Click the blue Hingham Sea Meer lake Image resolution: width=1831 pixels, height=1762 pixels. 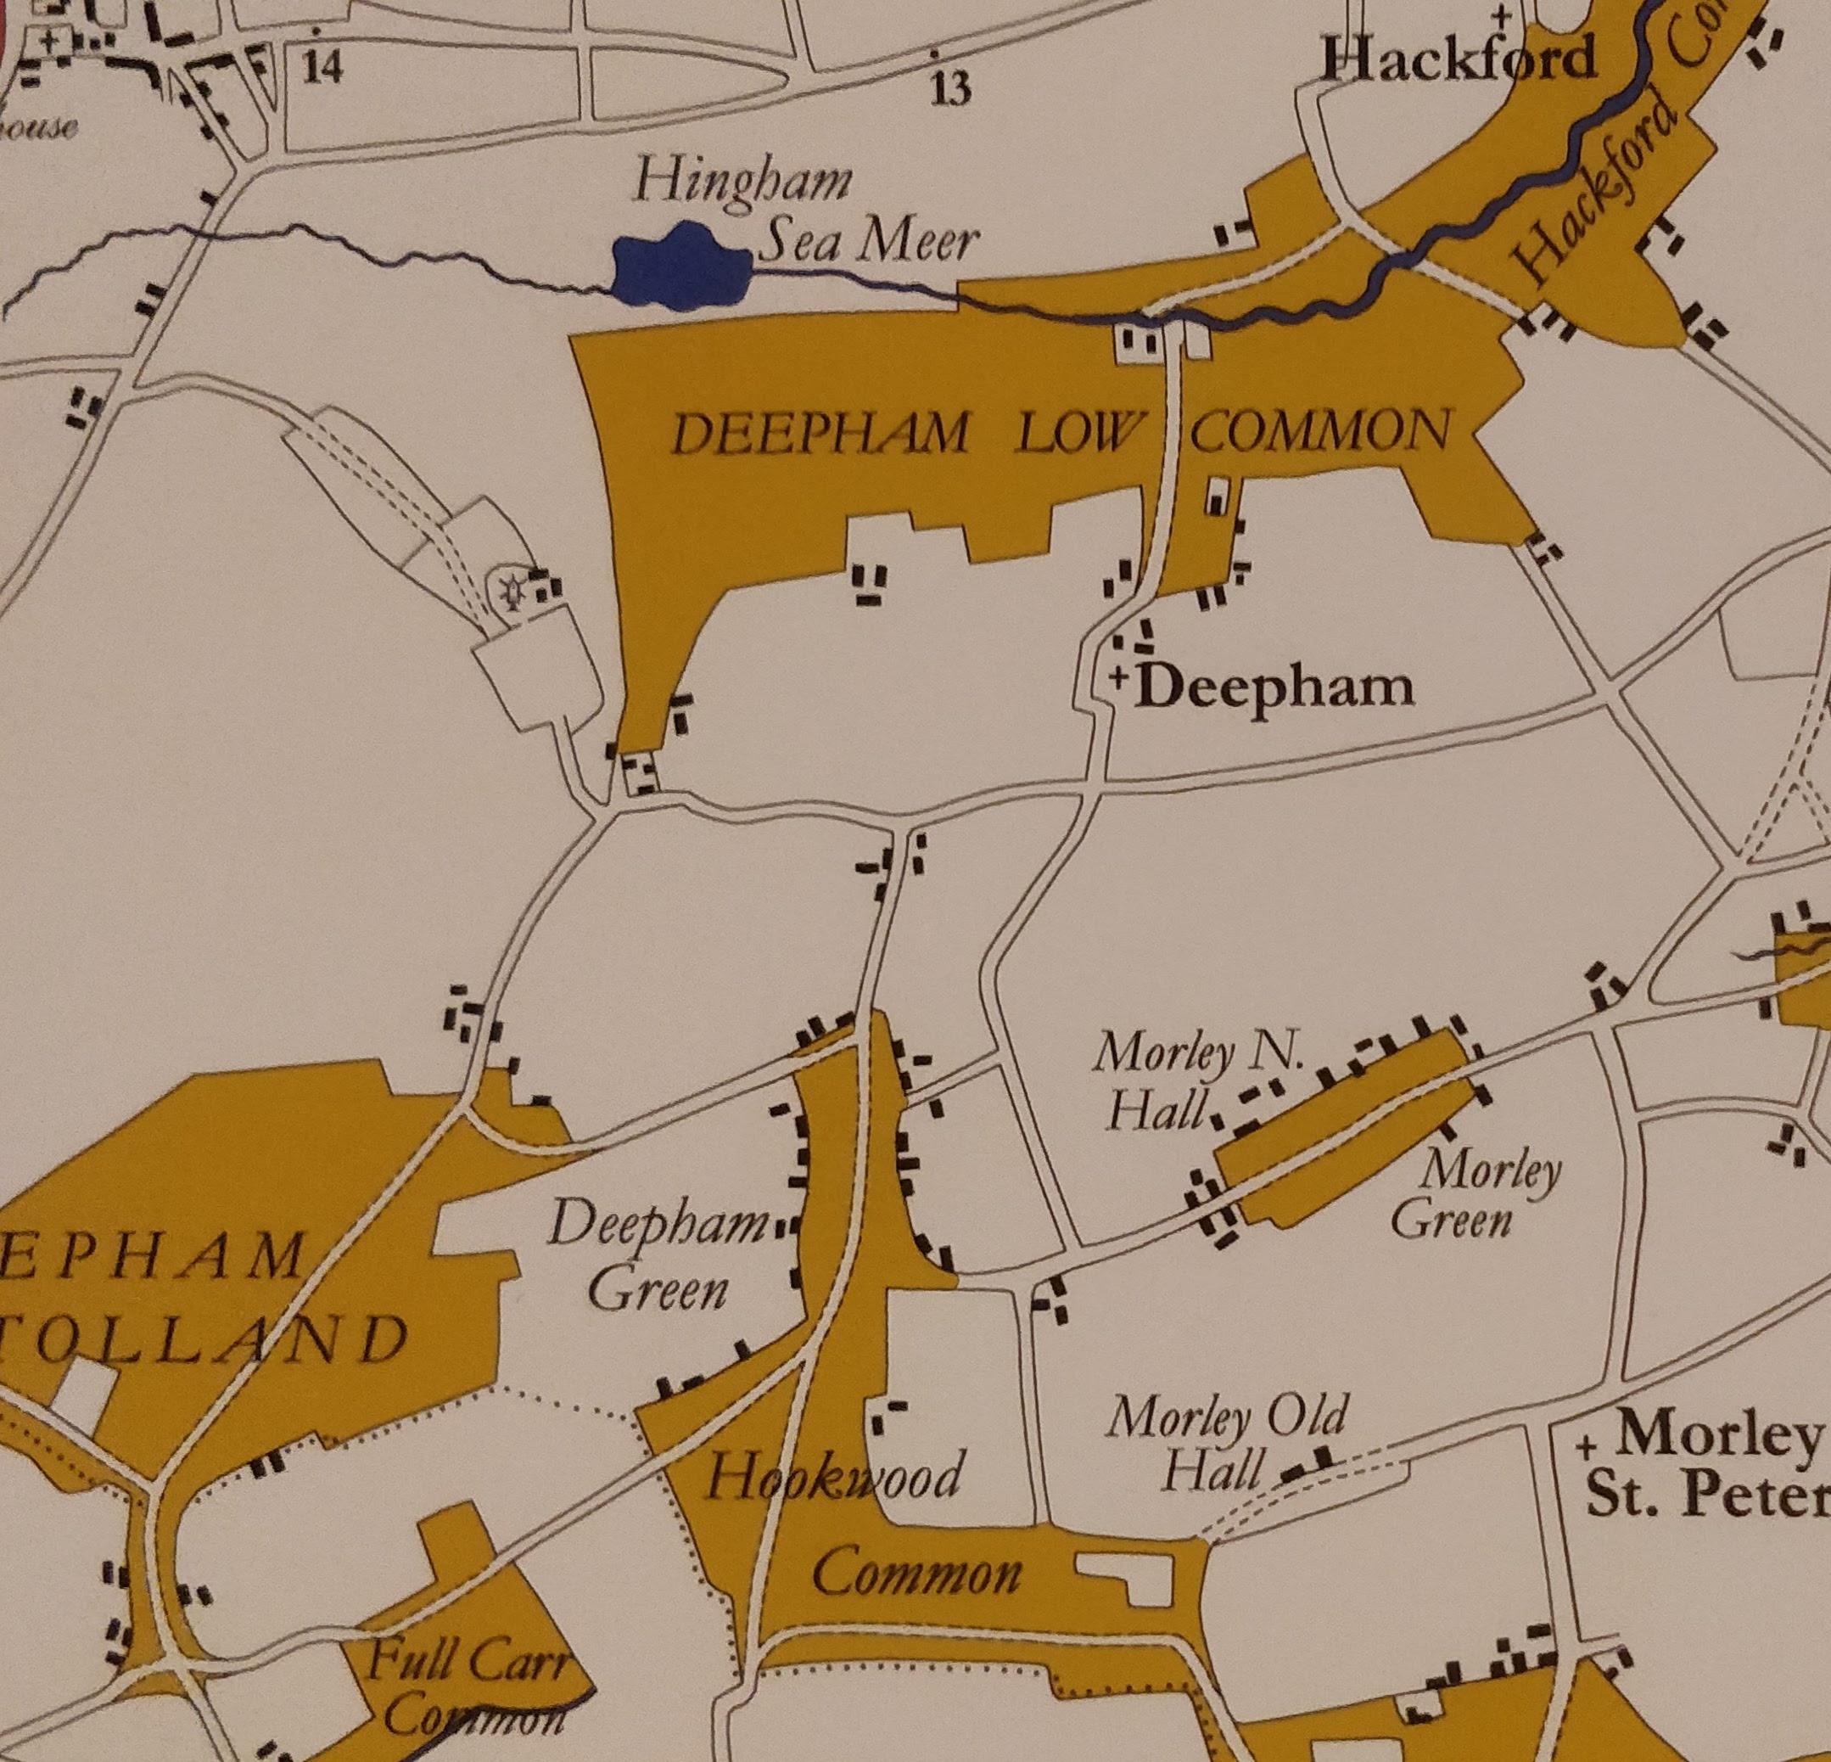pos(681,267)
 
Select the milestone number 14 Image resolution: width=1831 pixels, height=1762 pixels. pos(322,67)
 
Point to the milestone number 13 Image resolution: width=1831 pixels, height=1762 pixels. pos(950,90)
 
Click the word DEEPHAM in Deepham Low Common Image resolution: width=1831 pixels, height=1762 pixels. pos(820,435)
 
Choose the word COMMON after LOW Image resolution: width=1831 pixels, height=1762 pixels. pos(1321,433)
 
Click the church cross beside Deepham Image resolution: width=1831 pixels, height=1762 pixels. pos(1119,675)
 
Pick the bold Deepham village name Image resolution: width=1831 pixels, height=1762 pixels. pos(1276,688)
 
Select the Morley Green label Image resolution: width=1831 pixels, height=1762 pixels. pos(1474,1195)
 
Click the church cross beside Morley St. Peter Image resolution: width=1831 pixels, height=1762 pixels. pos(1584,1448)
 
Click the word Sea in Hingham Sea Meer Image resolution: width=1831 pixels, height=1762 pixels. pos(803,242)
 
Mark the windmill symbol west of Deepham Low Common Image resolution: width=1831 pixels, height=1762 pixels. pos(512,591)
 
